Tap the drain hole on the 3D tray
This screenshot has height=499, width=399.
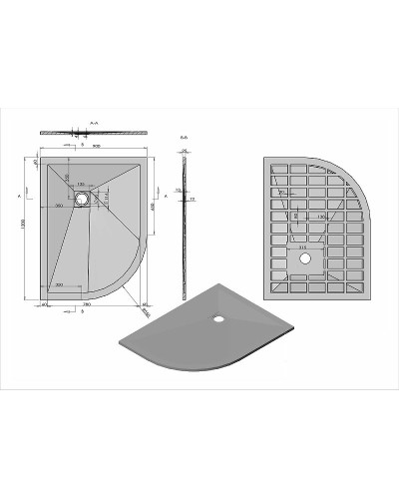pos(218,318)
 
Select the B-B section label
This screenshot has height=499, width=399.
pos(184,137)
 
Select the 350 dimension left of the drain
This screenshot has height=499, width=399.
pos(60,206)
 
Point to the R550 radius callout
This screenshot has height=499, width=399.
pos(147,311)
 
